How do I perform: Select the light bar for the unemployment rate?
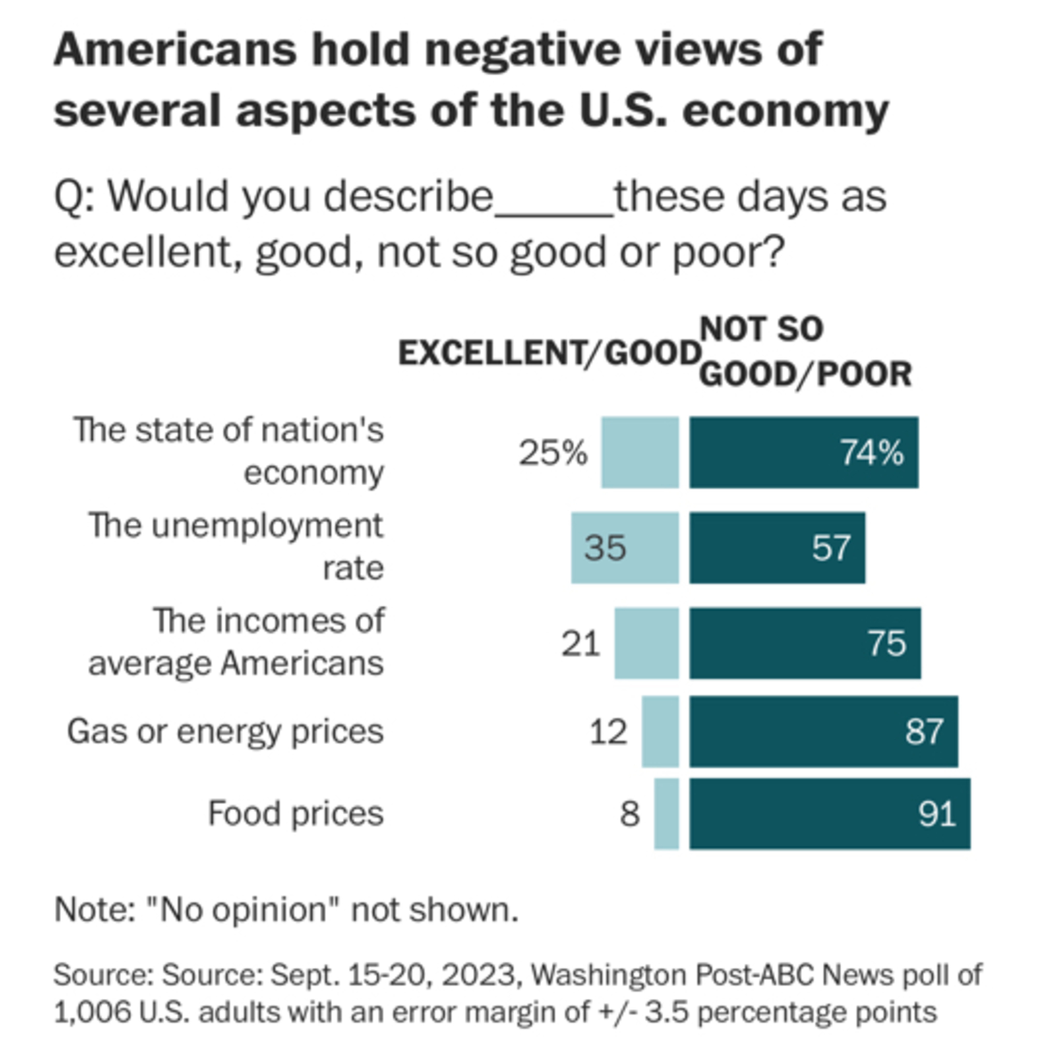[625, 548]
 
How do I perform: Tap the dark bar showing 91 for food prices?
[830, 814]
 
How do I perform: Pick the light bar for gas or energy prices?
[660, 731]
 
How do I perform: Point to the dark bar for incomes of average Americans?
[805, 643]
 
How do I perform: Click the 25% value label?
[553, 452]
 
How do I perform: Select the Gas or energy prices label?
[225, 731]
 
